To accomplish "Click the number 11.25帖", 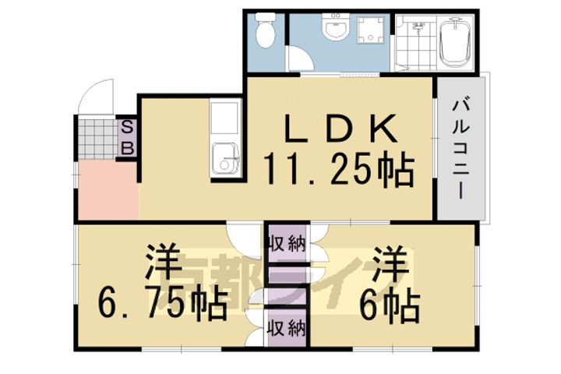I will click(x=337, y=170).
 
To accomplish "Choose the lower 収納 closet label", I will click(x=285, y=326).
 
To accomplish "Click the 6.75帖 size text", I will click(x=162, y=305).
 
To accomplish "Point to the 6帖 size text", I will click(x=390, y=305).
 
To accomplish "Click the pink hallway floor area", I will click(x=107, y=191).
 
